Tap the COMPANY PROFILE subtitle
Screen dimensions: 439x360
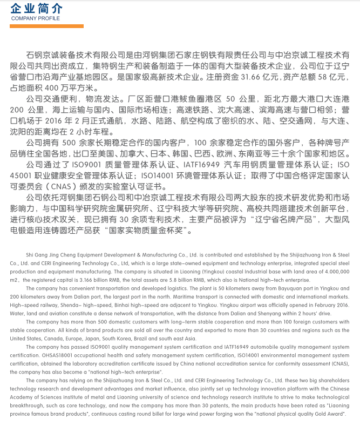(36, 18)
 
